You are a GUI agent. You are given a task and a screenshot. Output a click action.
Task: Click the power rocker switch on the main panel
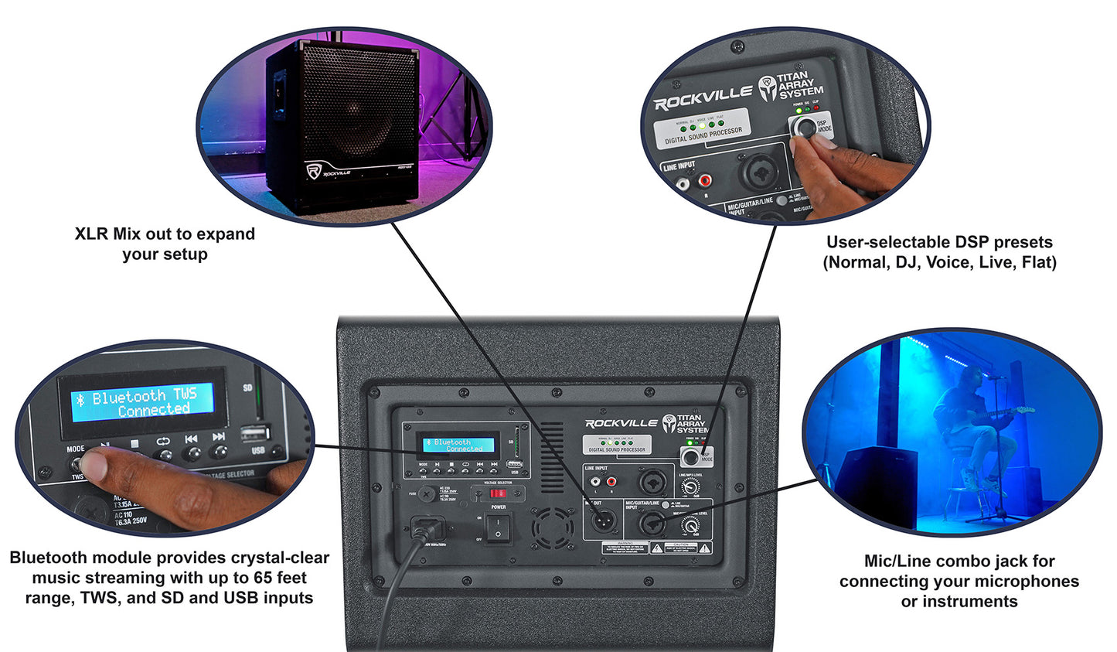click(498, 527)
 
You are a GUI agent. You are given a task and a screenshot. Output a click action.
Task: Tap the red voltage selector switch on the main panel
click(499, 493)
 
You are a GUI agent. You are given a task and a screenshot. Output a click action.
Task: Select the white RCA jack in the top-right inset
click(683, 184)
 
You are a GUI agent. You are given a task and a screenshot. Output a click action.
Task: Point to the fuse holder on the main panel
click(426, 493)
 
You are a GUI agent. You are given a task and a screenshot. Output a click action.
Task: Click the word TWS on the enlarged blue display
click(185, 394)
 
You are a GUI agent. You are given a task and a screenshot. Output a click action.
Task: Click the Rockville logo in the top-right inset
click(703, 97)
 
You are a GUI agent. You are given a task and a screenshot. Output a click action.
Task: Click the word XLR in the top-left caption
click(91, 234)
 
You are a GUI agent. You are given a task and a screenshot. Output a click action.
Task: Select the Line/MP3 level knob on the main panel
click(689, 487)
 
